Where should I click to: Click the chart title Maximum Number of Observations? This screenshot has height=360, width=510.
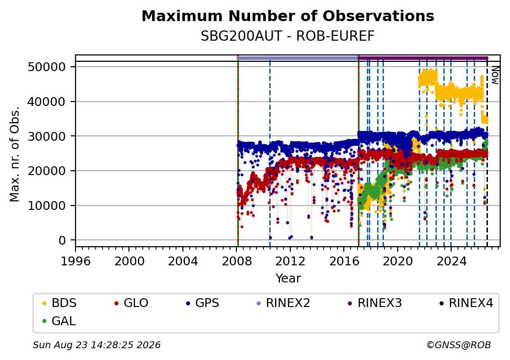click(x=288, y=16)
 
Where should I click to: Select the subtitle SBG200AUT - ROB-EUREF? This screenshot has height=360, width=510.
click(x=287, y=36)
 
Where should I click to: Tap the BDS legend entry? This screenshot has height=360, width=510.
click(x=59, y=303)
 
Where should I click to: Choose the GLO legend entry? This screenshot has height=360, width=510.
click(x=131, y=303)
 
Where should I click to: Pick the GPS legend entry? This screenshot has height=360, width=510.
click(x=203, y=303)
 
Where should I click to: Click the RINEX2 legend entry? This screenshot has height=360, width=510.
click(x=283, y=303)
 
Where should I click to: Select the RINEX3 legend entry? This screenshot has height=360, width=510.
click(x=375, y=303)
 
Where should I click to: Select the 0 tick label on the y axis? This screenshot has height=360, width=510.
click(x=62, y=240)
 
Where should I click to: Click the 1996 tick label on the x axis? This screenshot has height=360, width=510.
click(x=76, y=261)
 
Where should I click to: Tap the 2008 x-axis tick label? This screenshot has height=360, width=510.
click(x=237, y=261)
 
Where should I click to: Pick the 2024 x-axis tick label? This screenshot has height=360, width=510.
click(x=451, y=261)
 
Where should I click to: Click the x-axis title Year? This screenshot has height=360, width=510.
click(x=288, y=279)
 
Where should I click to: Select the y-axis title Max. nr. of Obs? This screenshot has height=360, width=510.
click(x=15, y=154)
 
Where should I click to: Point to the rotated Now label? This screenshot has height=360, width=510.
click(x=495, y=75)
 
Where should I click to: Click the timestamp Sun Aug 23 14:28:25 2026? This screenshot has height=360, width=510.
click(x=97, y=345)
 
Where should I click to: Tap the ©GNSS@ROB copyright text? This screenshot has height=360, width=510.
click(x=459, y=345)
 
